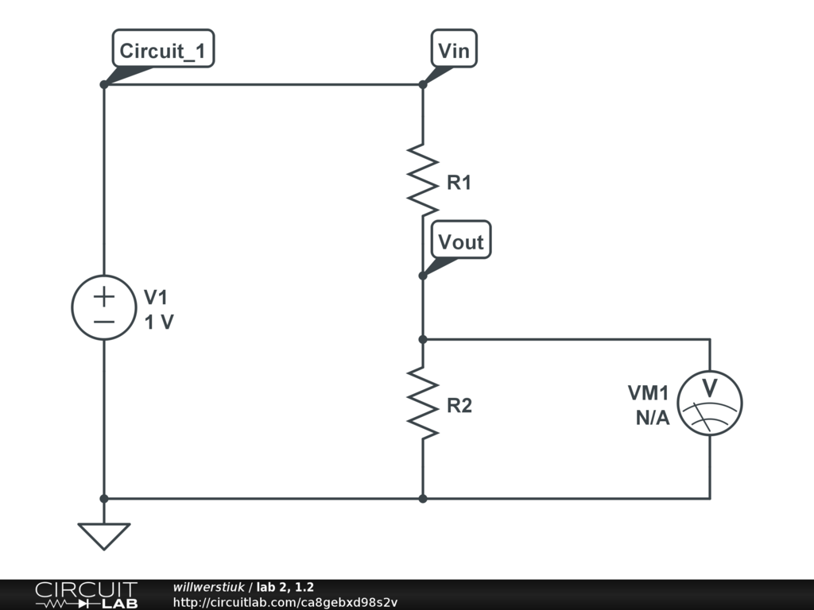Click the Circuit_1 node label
click(163, 52)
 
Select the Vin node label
click(454, 52)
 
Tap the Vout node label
click(461, 241)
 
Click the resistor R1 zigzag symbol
click(423, 180)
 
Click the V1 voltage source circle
click(104, 307)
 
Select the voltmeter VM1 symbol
click(710, 403)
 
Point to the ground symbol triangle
click(104, 535)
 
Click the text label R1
click(459, 183)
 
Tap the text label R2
click(459, 406)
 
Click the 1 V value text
click(159, 322)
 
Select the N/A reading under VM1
click(652, 419)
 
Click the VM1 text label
click(648, 393)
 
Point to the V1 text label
click(156, 298)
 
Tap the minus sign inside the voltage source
click(104, 322)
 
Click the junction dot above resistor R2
click(423, 339)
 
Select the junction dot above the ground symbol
click(104, 499)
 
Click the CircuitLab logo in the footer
click(86, 595)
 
